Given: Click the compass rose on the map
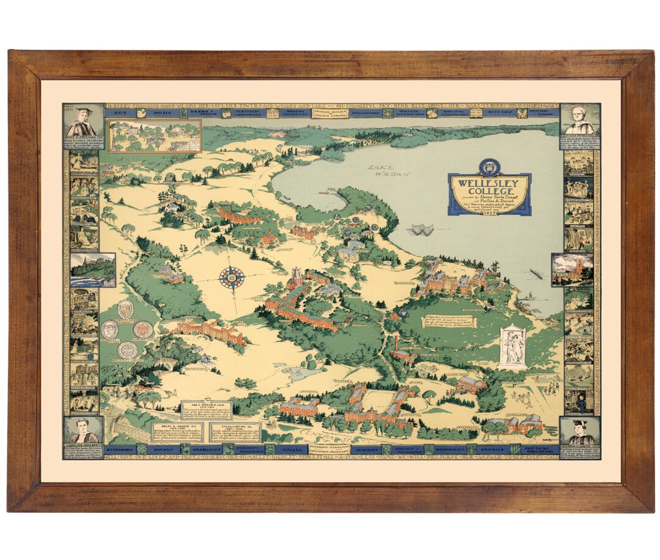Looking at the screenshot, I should coord(232,278).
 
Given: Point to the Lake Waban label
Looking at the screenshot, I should coord(389,170).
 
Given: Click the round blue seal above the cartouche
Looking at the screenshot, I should coord(489,165).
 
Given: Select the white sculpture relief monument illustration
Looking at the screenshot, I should coord(512,346).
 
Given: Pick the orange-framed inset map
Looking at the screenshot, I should coord(155,136).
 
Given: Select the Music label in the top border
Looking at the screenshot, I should coord(155,113).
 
